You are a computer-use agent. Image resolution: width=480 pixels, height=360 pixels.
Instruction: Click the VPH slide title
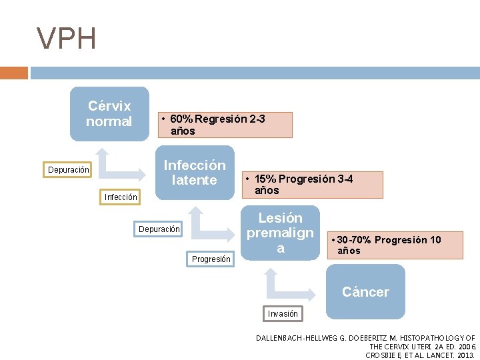click(67, 39)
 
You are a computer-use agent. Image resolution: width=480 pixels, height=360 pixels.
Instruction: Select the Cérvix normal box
click(109, 113)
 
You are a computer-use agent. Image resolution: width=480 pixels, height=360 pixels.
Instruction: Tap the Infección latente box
click(195, 172)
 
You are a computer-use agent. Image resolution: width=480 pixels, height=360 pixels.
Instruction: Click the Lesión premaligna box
click(281, 233)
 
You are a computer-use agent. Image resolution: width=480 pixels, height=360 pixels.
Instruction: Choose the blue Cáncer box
click(365, 291)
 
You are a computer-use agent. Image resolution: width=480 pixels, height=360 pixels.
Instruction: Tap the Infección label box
click(121, 197)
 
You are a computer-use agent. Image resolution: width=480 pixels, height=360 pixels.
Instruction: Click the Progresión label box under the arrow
click(211, 259)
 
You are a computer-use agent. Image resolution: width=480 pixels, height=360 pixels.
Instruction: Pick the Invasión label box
click(283, 313)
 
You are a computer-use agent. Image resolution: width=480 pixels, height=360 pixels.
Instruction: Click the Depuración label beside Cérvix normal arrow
click(69, 170)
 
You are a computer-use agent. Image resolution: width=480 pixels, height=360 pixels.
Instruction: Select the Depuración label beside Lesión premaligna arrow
click(159, 229)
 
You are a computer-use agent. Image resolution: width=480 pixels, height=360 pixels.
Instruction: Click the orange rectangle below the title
click(14, 73)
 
